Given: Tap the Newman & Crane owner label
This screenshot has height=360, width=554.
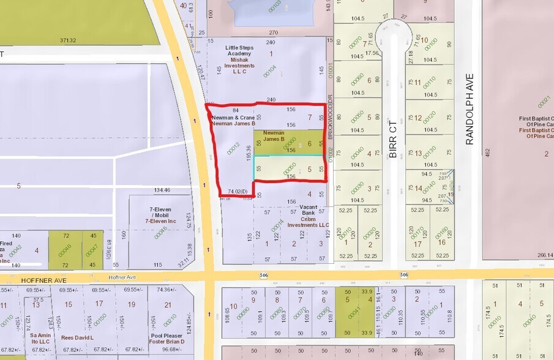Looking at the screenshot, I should tap(233, 117).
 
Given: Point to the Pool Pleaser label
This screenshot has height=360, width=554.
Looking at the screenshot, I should tap(168, 337).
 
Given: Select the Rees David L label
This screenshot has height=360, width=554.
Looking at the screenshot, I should tap(77, 337).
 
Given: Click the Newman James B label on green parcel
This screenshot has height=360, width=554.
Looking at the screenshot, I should tap(274, 136).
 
